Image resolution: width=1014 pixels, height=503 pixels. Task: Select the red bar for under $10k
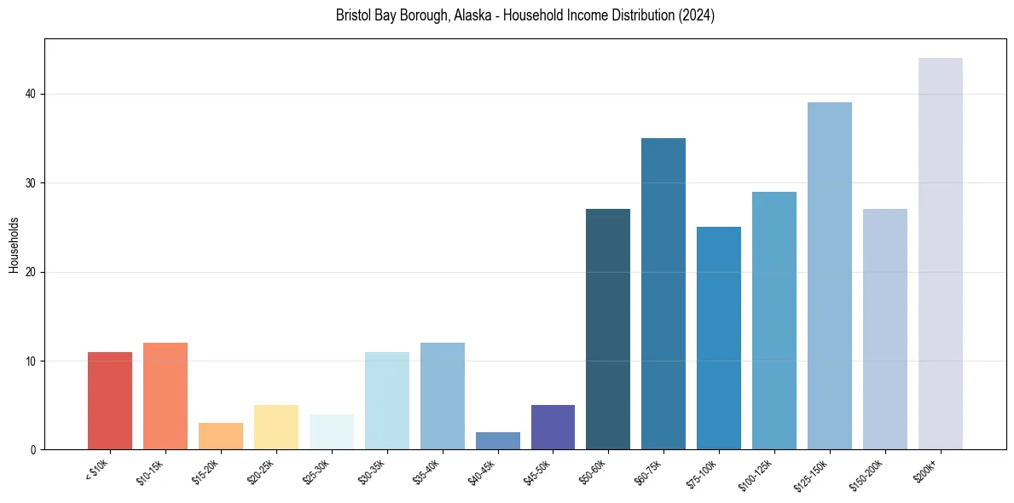(x=110, y=401)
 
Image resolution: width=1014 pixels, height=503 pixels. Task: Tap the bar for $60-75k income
(x=663, y=293)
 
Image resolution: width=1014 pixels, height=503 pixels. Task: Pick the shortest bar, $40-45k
(x=497, y=441)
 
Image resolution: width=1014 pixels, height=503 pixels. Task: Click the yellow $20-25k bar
(x=276, y=427)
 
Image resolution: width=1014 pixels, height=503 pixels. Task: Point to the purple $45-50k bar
(x=553, y=427)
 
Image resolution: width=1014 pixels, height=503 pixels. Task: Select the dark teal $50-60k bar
(x=608, y=329)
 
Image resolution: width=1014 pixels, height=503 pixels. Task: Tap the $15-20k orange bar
(x=221, y=437)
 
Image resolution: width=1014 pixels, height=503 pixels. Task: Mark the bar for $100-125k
(x=774, y=321)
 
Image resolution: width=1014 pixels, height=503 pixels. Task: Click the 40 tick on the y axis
(x=32, y=94)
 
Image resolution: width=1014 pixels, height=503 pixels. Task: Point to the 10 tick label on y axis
(x=32, y=361)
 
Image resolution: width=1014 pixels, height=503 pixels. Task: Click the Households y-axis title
(x=14, y=245)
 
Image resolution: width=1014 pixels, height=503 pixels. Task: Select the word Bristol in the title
(x=353, y=15)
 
